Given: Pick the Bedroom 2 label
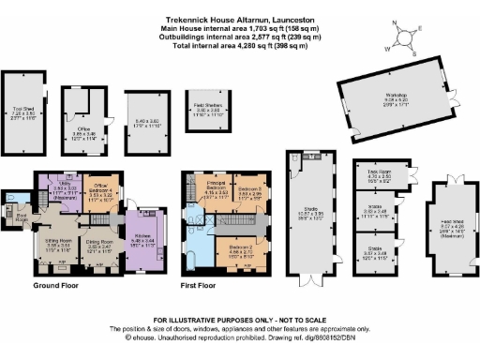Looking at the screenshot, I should click(242, 249).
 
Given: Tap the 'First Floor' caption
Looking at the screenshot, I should click(201, 284).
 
